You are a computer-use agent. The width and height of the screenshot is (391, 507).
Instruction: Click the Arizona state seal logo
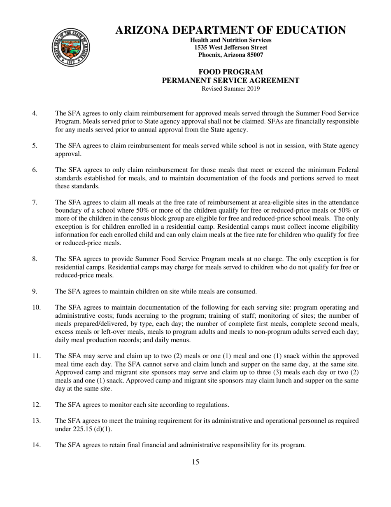[x=70, y=47]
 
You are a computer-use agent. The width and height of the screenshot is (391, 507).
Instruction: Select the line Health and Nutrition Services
[x=230, y=40]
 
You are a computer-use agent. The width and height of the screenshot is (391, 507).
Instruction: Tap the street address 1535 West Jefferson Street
[x=230, y=47]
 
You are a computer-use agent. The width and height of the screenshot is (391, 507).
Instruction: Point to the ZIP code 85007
[x=254, y=55]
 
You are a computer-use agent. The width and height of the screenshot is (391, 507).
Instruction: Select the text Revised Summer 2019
[x=230, y=88]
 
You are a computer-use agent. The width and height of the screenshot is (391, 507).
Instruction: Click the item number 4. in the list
[x=35, y=113]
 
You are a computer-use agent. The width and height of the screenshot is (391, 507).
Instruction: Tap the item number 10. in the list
[x=36, y=307]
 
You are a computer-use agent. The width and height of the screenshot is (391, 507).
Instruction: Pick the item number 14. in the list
[x=36, y=445]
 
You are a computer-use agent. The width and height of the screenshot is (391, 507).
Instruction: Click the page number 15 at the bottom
[x=195, y=462]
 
